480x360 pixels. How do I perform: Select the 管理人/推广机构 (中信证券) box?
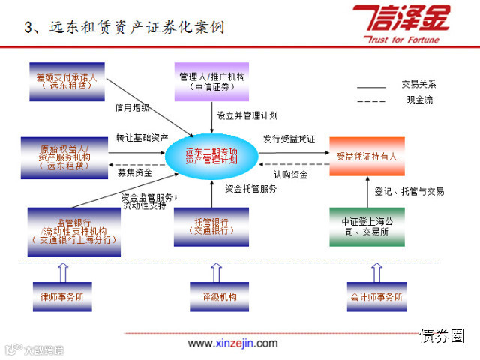coord(212,81)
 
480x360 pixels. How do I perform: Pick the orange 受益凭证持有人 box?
coord(367,157)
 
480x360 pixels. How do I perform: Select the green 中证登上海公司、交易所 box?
coord(367,226)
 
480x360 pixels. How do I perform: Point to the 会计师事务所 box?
coord(376,297)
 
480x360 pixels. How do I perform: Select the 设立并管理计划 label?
coord(247,116)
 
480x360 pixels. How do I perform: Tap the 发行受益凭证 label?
coord(289,139)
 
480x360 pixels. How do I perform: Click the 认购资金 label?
coord(290,175)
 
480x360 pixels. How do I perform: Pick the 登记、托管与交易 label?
coord(409,191)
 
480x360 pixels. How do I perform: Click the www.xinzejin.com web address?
coord(232,343)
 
